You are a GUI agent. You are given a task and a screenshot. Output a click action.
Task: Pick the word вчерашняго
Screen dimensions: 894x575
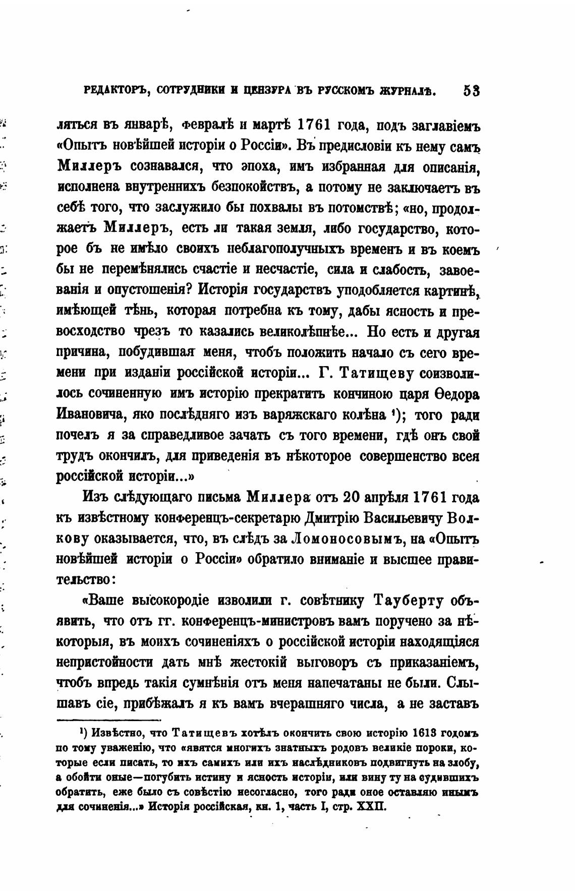point(315,704)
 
